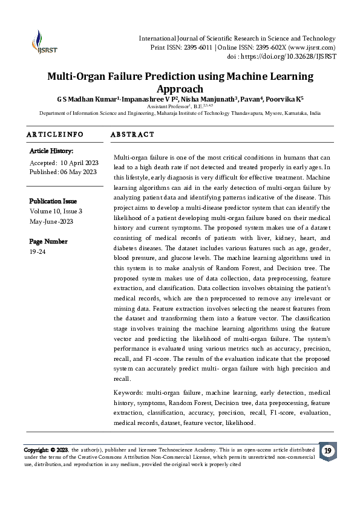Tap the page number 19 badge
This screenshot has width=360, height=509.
click(x=327, y=451)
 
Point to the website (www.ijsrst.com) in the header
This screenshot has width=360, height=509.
click(x=311, y=47)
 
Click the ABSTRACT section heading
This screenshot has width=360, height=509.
click(x=133, y=134)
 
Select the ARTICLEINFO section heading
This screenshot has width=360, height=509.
click(x=54, y=134)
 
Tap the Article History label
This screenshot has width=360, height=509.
click(x=51, y=151)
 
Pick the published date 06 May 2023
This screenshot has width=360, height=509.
click(x=78, y=172)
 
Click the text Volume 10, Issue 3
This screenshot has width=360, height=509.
click(x=56, y=211)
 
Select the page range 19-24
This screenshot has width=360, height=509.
click(x=38, y=250)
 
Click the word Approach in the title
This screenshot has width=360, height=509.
click(x=180, y=89)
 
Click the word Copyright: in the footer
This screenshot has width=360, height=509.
click(x=36, y=450)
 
